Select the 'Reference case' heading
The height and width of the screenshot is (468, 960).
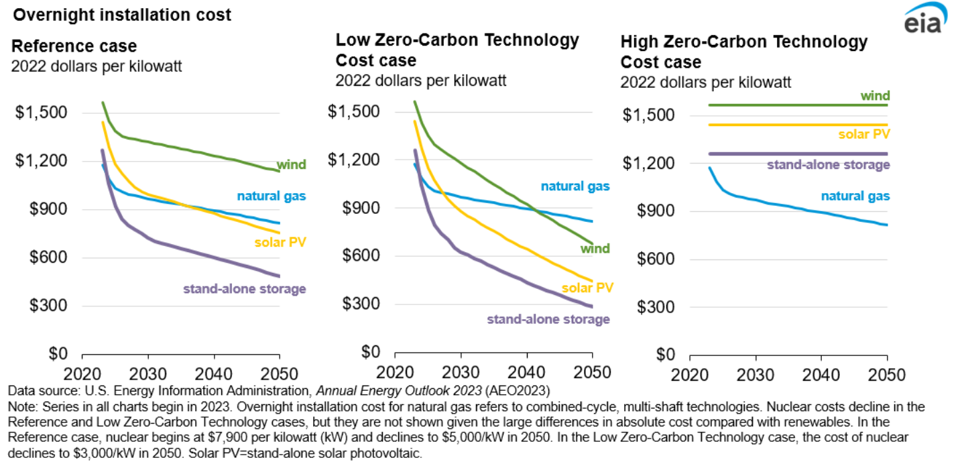pyautogui.click(x=74, y=46)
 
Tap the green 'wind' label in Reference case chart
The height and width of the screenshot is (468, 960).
pyautogui.click(x=292, y=164)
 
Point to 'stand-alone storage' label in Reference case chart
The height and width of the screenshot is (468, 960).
pyautogui.click(x=244, y=289)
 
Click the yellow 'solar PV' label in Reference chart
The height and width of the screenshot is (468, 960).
pyautogui.click(x=280, y=241)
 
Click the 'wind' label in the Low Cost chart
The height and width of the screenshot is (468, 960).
pyautogui.click(x=595, y=249)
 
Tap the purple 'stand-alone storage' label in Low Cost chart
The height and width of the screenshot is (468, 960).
pyautogui.click(x=548, y=319)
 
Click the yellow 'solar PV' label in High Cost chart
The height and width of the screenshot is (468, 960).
pyautogui.click(x=864, y=134)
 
